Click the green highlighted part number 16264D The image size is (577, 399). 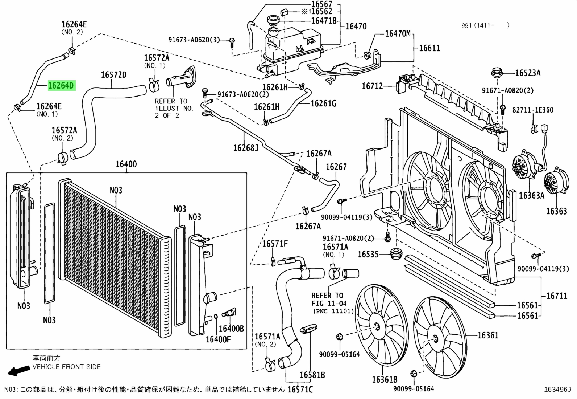62,85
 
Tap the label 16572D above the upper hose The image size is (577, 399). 113,75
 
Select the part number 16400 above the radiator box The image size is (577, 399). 126,164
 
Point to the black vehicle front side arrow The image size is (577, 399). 18,371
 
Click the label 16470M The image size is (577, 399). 398,33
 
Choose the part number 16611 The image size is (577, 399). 429,48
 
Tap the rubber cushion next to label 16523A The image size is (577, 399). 497,73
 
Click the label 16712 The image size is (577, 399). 373,86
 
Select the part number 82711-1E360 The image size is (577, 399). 533,110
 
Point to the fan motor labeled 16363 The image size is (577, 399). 556,183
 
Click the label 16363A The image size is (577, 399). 532,195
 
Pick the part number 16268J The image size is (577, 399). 246,148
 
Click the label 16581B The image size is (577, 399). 312,375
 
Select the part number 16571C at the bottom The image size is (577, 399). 300,390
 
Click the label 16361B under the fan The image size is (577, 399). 385,379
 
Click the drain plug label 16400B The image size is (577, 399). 231,329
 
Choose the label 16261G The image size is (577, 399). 324,103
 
